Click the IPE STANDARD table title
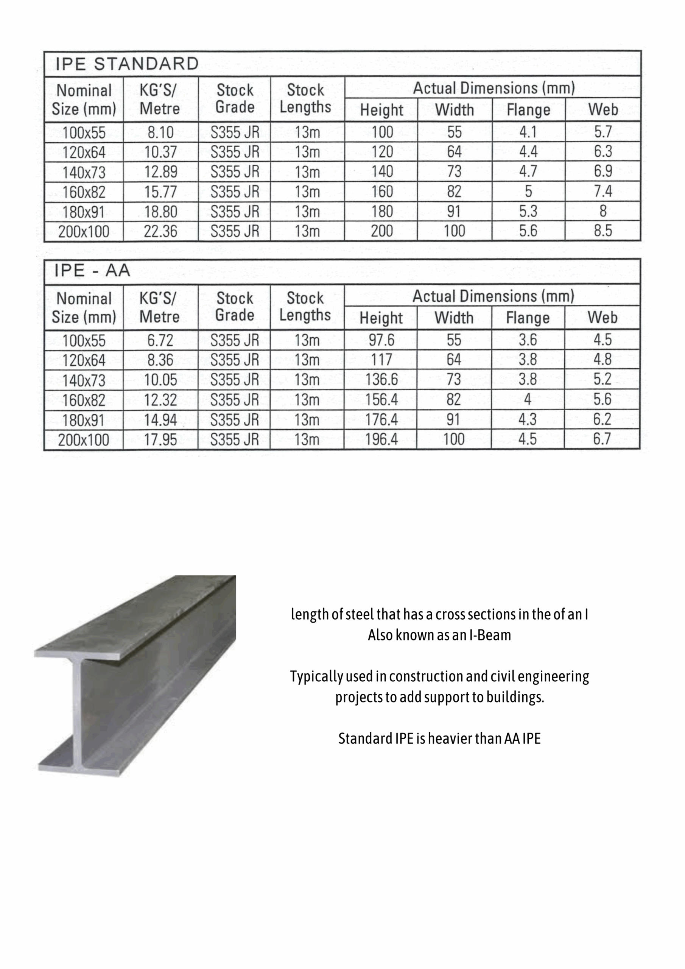click(127, 64)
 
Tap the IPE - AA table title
click(92, 271)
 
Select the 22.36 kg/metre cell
click(160, 231)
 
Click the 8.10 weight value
click(160, 132)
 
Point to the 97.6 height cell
click(381, 340)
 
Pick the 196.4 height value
click(381, 439)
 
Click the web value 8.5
click(603, 231)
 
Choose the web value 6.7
click(602, 439)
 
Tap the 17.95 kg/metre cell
click(160, 440)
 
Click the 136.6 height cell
click(381, 379)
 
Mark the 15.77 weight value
click(160, 192)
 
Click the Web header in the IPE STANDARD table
click(603, 110)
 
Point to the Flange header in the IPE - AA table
click(528, 318)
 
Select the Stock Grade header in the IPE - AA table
click(235, 307)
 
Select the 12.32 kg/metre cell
click(160, 400)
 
